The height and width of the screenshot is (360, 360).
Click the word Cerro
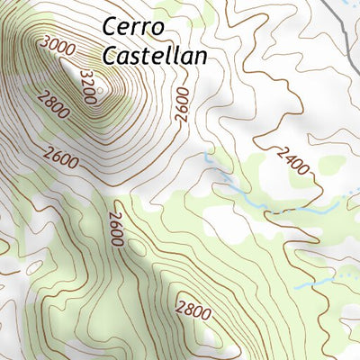coord(134,26)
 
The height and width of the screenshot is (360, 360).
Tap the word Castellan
coord(155,56)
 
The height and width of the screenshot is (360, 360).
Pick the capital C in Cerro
coord(111,26)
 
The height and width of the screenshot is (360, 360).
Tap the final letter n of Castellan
coord(201,57)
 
